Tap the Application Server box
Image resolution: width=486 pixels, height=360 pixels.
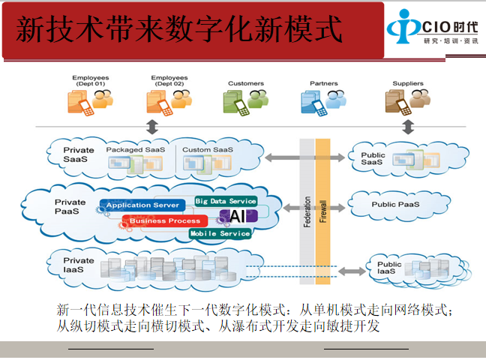[x=142, y=205]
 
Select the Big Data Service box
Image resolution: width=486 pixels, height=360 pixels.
[x=226, y=201]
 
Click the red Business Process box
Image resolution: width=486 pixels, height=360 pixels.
[x=165, y=221]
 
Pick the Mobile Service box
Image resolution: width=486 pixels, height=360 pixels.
[x=220, y=234]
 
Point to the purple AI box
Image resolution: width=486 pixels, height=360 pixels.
[x=238, y=217]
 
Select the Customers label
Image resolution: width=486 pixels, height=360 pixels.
[x=246, y=83]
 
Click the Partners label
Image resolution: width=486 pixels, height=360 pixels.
[x=324, y=83]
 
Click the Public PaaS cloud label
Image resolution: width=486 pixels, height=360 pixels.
[x=395, y=204]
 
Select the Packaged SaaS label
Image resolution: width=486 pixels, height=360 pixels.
[x=135, y=150]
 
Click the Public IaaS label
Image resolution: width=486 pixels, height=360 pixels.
[x=389, y=267]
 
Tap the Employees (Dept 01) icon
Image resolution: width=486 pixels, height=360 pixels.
[x=89, y=101]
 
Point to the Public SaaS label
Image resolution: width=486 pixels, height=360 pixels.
[x=373, y=159]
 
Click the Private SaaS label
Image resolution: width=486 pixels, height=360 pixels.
[x=79, y=155]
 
